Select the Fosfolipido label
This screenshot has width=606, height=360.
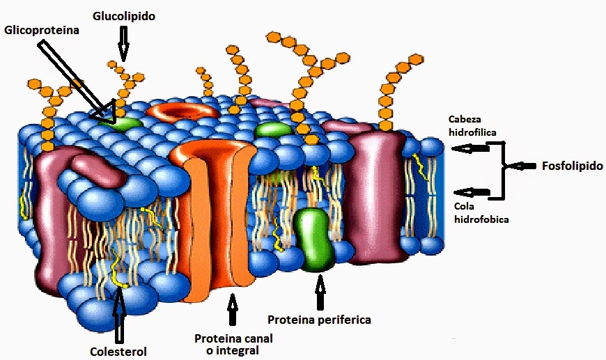(x=571, y=166)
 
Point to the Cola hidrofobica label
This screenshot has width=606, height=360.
(x=480, y=212)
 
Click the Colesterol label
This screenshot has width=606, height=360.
(x=118, y=351)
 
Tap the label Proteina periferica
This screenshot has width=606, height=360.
(x=319, y=320)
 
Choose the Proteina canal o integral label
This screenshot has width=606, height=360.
(x=233, y=344)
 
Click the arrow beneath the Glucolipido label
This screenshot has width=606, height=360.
(x=123, y=42)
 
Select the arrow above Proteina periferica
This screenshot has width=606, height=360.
(x=320, y=292)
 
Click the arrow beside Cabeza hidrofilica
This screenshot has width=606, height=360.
(x=469, y=148)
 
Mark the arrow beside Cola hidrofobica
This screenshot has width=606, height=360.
(x=469, y=191)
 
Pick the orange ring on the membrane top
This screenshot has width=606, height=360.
(x=183, y=111)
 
